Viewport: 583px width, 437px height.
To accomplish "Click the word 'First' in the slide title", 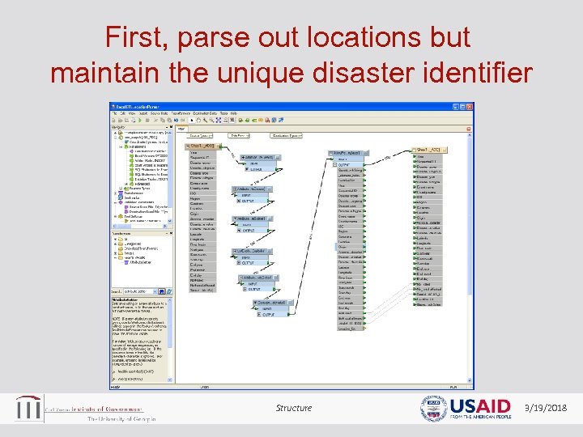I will pos(139,37).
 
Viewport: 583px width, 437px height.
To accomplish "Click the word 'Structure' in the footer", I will pos(293,408).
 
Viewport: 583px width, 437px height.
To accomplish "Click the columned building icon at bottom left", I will pos(29,408).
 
